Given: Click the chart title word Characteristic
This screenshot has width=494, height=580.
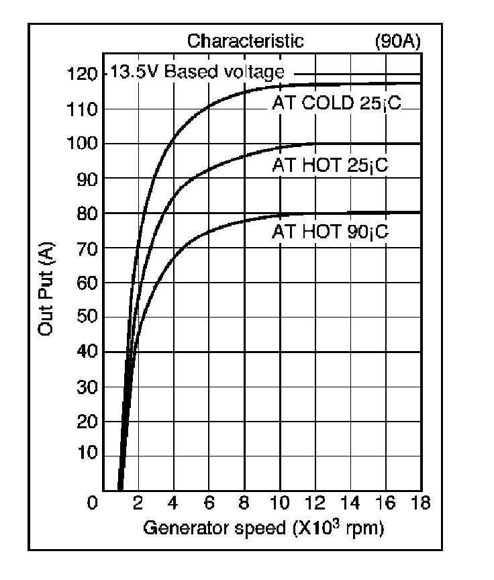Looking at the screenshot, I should [x=245, y=42].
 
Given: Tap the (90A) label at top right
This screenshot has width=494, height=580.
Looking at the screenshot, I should [x=397, y=42].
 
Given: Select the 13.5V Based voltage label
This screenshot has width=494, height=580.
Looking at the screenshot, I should [x=197, y=72].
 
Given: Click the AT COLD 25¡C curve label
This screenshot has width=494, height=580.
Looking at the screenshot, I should [x=336, y=103].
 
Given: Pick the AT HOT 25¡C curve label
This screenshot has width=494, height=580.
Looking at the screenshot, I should [x=330, y=165].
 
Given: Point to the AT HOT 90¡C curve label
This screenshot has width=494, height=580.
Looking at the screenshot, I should [x=330, y=232].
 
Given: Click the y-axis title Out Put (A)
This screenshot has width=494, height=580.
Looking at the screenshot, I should [x=46, y=289].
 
